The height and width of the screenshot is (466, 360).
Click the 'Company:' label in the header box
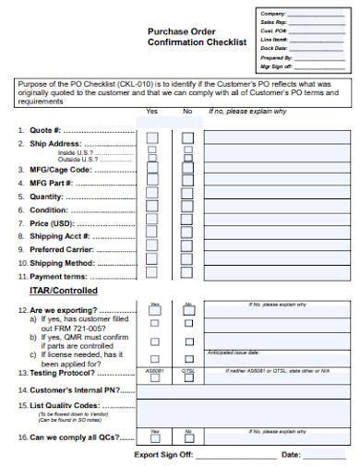(x=272, y=14)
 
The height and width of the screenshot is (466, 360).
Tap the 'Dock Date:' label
(x=274, y=48)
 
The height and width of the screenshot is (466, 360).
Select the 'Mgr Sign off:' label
(x=277, y=66)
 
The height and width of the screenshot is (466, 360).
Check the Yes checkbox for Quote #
(x=153, y=137)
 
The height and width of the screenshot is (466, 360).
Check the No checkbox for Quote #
(x=188, y=137)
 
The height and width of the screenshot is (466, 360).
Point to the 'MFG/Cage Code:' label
(x=61, y=170)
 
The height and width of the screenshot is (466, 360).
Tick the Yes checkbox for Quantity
(x=153, y=197)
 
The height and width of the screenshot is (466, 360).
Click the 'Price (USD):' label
(x=52, y=222)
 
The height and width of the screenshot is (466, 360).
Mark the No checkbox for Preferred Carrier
(x=188, y=249)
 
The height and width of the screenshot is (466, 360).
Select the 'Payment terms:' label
(x=58, y=276)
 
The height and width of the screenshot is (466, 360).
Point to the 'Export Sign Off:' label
(x=163, y=455)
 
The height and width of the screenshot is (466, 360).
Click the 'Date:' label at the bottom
(x=291, y=455)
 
